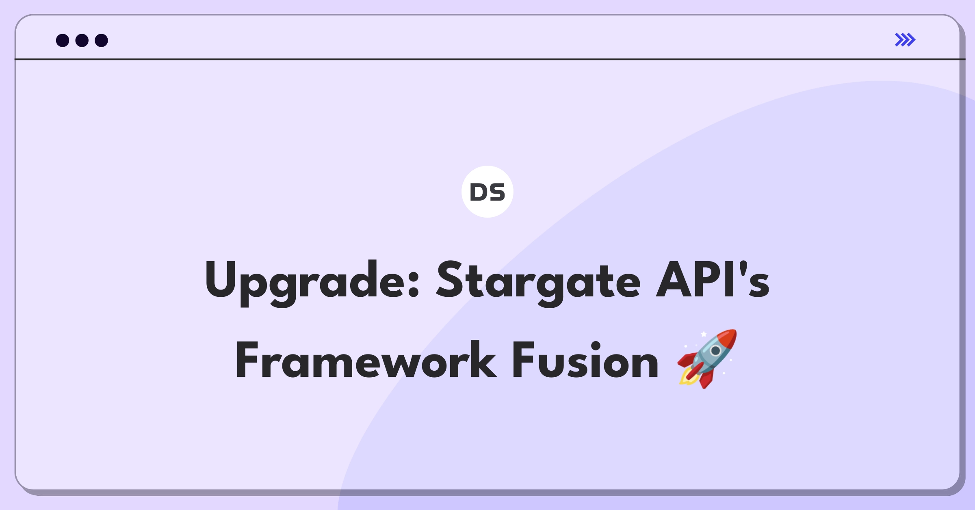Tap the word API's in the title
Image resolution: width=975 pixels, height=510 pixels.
[713, 280]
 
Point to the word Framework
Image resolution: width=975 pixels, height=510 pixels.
[366, 360]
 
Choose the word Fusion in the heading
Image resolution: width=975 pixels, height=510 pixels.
[585, 360]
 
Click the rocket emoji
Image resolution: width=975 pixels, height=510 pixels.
[707, 359]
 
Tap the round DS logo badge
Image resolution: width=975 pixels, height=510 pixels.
[487, 192]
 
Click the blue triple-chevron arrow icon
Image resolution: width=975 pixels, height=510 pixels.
[905, 40]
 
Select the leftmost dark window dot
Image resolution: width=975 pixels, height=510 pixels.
[63, 40]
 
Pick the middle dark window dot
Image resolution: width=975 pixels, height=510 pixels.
[82, 40]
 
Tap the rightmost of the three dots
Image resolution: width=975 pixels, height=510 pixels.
[101, 40]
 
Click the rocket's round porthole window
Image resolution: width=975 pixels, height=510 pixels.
[715, 350]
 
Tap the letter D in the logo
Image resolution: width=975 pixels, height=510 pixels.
[479, 192]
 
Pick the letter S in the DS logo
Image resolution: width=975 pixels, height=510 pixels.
[497, 192]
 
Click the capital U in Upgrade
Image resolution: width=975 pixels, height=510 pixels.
[221, 279]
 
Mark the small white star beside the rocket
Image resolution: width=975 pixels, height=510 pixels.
[704, 334]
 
